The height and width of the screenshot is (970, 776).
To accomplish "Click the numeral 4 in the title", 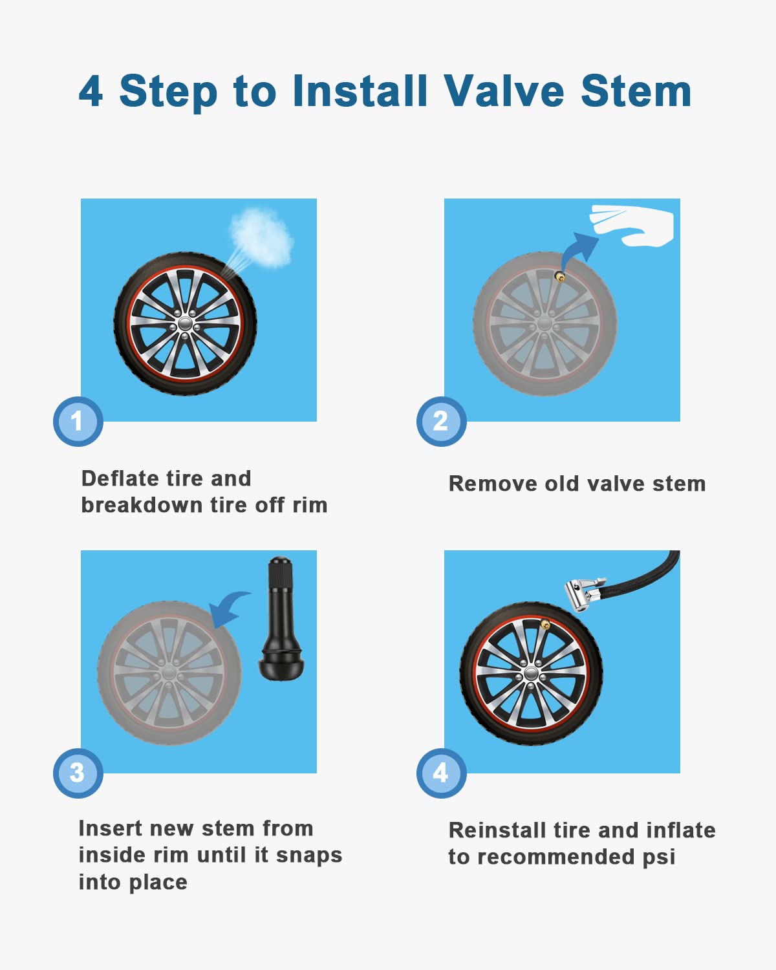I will pyautogui.click(x=91, y=91).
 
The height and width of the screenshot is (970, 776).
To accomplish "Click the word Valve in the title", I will pyautogui.click(x=504, y=91).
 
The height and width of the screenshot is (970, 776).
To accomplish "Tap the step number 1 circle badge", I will pyautogui.click(x=78, y=422).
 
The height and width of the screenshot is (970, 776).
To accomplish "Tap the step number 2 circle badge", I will pyautogui.click(x=441, y=422).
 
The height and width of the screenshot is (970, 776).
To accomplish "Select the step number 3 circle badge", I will pyautogui.click(x=78, y=773).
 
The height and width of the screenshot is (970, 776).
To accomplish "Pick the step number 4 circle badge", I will pyautogui.click(x=441, y=773).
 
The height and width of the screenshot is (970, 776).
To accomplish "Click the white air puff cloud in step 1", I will pyautogui.click(x=262, y=238).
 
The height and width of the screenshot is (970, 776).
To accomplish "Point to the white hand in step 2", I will pyautogui.click(x=637, y=226).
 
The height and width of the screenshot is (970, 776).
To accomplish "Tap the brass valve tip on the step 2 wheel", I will pyautogui.click(x=559, y=277).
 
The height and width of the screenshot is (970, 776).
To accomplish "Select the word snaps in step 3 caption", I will pyautogui.click(x=308, y=855).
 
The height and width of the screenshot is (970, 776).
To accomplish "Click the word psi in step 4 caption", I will pyautogui.click(x=658, y=857).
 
